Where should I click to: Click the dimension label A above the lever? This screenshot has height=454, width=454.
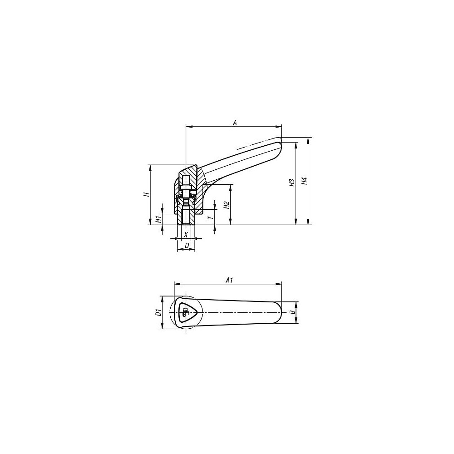coord(235,123)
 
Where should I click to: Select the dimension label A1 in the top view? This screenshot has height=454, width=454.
coord(229,280)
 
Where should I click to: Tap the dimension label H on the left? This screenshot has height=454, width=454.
coord(148,194)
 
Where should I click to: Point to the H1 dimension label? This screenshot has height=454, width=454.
coord(158,219)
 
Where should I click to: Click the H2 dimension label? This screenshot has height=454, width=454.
coord(227,205)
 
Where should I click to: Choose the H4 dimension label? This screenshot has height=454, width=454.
coord(304,181)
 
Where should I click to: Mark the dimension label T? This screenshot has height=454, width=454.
coord(212,216)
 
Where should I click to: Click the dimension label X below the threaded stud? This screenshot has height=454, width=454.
coord(186,234)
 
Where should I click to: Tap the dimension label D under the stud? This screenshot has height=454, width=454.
coord(187,246)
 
